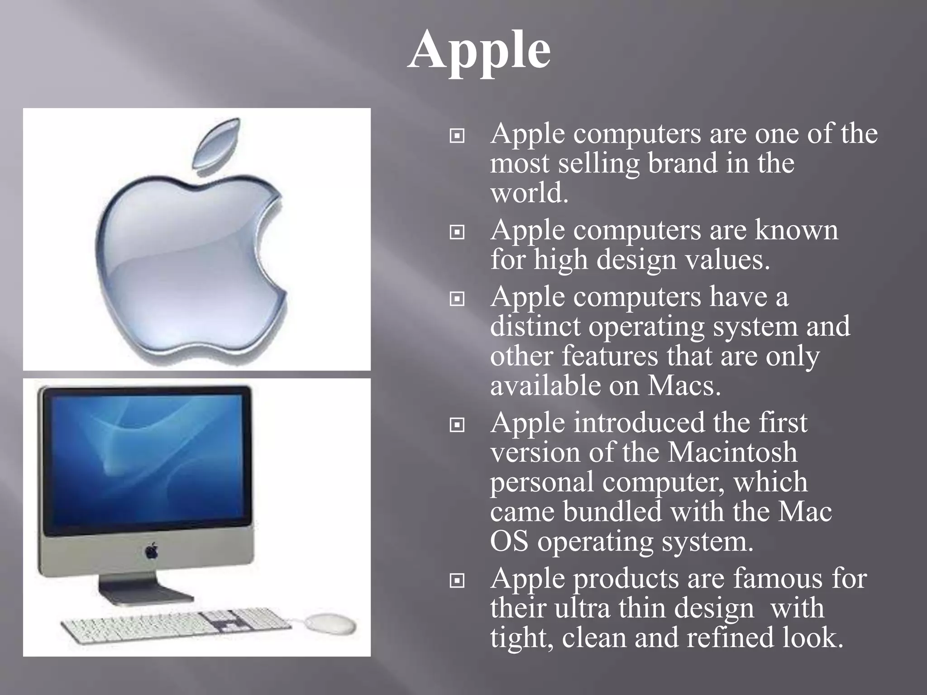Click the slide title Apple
click(479, 51)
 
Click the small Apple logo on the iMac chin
click(151, 551)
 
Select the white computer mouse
click(330, 624)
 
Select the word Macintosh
click(732, 452)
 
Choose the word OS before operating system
click(509, 542)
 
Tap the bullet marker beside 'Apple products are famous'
click(457, 581)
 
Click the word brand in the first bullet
click(683, 163)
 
